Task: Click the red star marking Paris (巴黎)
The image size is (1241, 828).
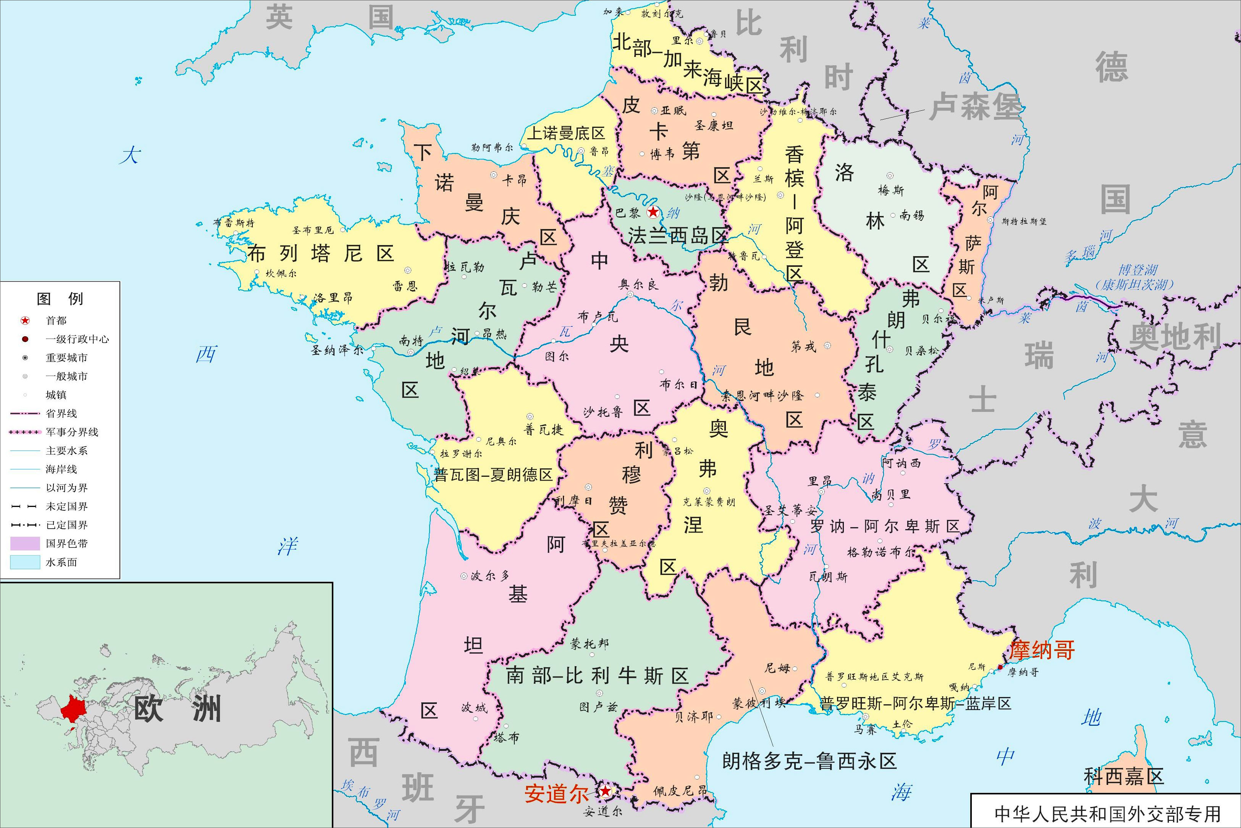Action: point(653,212)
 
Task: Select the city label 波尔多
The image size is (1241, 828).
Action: point(490,576)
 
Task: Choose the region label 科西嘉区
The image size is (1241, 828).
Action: point(1124,776)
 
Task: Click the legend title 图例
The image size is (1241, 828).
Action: point(60,299)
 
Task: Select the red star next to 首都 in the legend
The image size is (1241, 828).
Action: point(25,321)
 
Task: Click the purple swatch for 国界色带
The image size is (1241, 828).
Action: point(25,543)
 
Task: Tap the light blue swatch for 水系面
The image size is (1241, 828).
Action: point(25,562)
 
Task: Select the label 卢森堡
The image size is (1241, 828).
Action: point(975,106)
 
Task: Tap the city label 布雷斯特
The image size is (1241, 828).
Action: point(233,223)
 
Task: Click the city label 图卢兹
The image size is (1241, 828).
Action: point(598,707)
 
